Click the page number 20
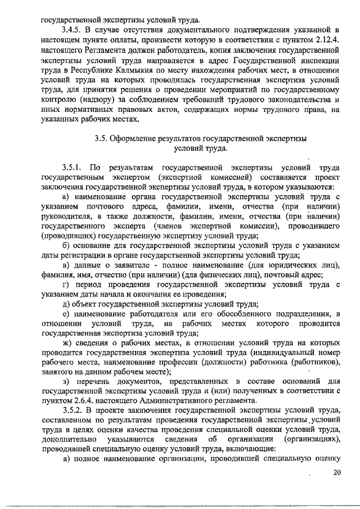click(x=336, y=472)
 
